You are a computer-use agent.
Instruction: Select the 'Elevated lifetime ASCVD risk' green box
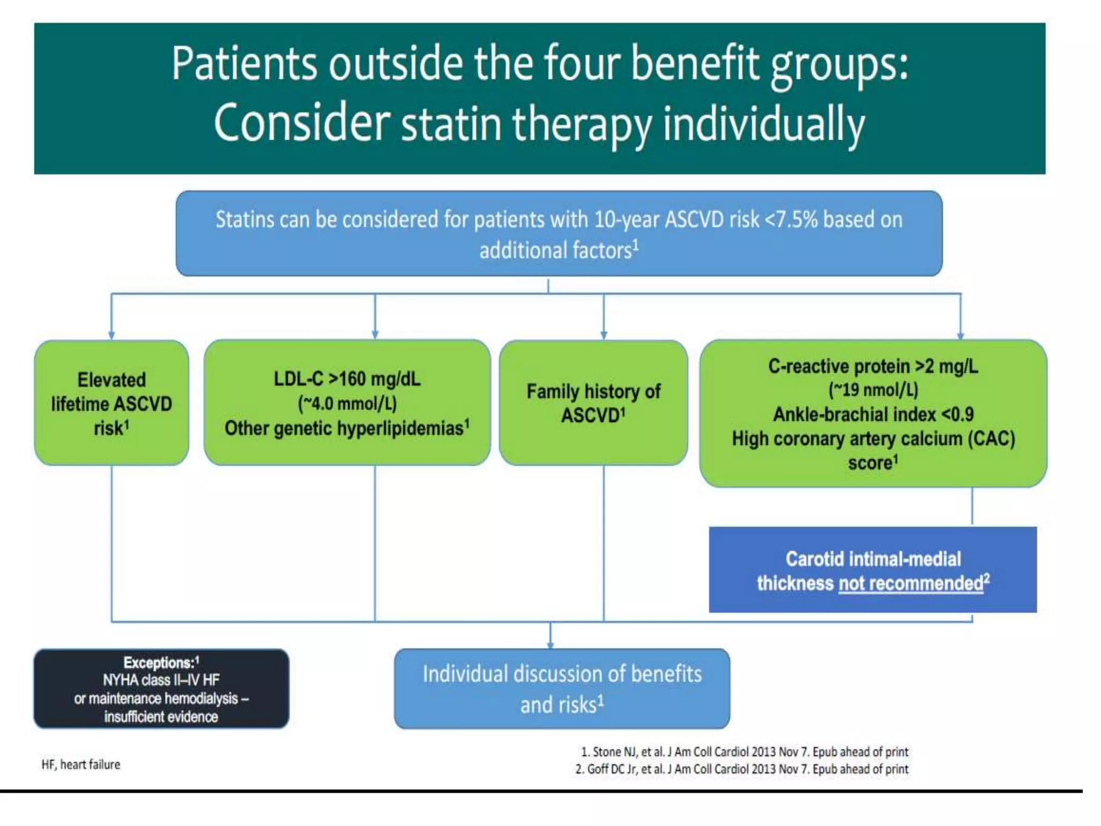click(112, 403)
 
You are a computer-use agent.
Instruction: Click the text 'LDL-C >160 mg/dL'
click(347, 379)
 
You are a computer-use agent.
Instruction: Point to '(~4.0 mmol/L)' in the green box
click(347, 403)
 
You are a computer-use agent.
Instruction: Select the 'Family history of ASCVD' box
click(593, 403)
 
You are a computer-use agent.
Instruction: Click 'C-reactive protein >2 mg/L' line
click(873, 366)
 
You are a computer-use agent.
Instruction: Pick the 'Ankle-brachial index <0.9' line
click(873, 414)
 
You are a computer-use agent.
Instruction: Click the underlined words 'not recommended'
click(911, 583)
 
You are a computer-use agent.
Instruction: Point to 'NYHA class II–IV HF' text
click(161, 680)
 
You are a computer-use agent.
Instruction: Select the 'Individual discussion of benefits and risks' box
click(562, 689)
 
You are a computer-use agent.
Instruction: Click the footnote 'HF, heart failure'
click(81, 764)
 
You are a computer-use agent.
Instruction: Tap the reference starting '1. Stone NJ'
click(744, 752)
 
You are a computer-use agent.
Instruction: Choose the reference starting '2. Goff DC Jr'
click(742, 769)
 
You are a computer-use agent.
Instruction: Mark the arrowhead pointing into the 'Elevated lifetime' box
click(111, 336)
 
